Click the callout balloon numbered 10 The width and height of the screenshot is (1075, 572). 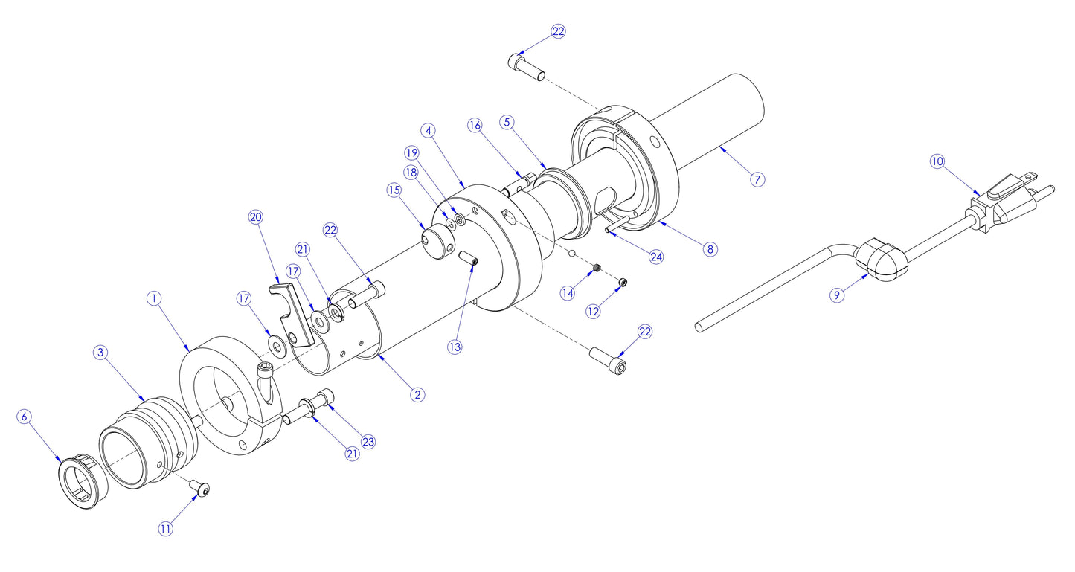click(937, 161)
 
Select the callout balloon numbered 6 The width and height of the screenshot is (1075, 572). click(25, 417)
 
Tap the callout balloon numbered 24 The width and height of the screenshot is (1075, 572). click(655, 257)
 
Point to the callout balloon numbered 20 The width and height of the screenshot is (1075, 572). click(256, 217)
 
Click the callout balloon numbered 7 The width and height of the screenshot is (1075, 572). click(757, 179)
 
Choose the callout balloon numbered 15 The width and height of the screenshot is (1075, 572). click(394, 190)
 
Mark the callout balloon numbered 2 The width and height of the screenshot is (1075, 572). click(418, 394)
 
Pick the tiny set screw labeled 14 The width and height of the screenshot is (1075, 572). click(597, 269)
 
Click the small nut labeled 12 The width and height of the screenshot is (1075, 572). click(623, 282)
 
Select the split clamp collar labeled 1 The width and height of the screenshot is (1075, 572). click(231, 394)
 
